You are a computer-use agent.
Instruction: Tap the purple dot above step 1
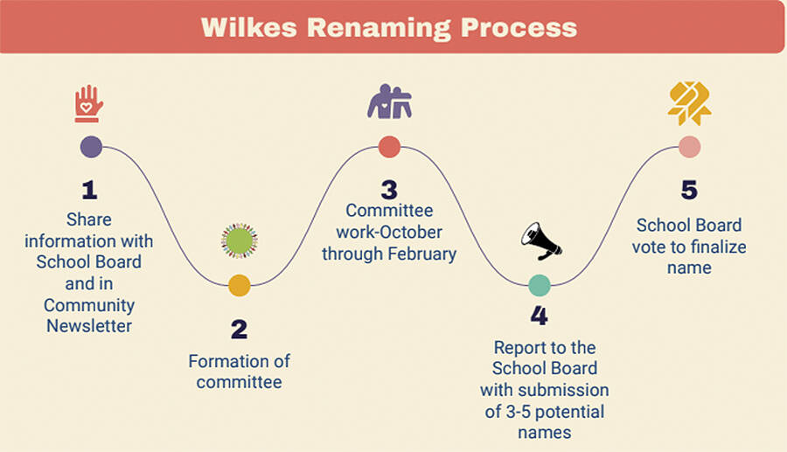(x=91, y=147)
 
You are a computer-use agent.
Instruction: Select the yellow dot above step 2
(x=239, y=285)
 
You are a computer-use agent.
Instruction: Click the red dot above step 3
(x=389, y=147)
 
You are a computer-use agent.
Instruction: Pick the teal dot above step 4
(x=540, y=285)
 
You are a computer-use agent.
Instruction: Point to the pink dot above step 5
(x=690, y=147)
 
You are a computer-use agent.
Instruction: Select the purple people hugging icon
(x=389, y=102)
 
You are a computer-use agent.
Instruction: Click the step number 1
(x=90, y=190)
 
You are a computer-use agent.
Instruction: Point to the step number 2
(x=239, y=330)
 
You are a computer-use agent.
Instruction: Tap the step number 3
(x=389, y=190)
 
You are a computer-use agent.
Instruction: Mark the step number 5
(x=689, y=190)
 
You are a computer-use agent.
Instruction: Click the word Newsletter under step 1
(x=90, y=326)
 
